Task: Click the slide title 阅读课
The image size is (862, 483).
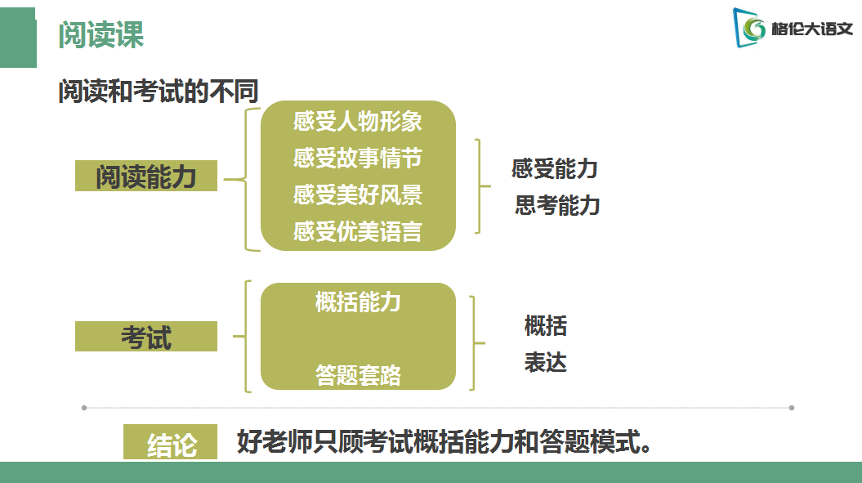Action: (x=101, y=35)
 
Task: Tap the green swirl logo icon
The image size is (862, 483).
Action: (x=753, y=29)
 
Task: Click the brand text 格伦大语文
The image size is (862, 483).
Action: (x=811, y=29)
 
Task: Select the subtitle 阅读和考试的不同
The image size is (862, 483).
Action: (x=158, y=92)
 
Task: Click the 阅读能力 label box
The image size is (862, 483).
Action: (x=146, y=176)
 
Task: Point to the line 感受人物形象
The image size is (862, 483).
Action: (x=358, y=121)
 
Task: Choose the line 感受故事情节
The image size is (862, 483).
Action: (x=358, y=158)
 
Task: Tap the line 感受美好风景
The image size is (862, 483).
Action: (x=358, y=195)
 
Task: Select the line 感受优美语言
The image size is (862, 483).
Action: (x=358, y=231)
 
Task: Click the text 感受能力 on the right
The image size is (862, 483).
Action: (x=555, y=169)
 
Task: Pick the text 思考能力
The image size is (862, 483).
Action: (x=557, y=205)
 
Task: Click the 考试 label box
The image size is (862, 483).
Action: (x=146, y=337)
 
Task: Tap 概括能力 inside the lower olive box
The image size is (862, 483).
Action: (x=358, y=302)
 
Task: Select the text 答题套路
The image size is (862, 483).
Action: (x=358, y=374)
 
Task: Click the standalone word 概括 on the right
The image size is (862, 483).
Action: (x=546, y=326)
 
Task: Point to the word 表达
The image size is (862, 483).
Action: (x=546, y=362)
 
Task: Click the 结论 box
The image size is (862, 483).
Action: (x=171, y=443)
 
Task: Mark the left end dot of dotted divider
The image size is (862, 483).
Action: (x=83, y=407)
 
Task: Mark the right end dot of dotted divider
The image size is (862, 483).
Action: (x=791, y=407)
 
